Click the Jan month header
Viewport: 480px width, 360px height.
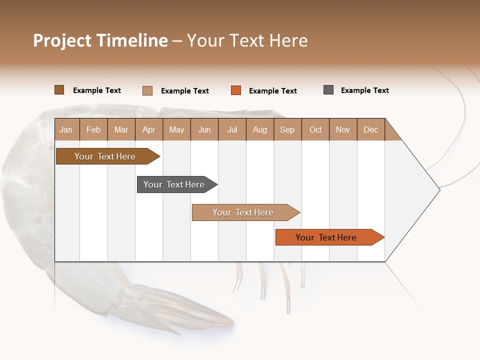(66, 129)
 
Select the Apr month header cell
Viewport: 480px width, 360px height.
(148, 129)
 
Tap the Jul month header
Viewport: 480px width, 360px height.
(232, 129)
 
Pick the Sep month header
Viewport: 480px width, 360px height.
(287, 129)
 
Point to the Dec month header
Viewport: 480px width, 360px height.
(370, 129)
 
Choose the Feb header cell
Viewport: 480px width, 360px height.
(93, 129)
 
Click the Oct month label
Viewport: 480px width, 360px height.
(315, 129)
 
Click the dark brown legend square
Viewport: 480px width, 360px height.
(59, 90)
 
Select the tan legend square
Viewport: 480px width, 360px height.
(147, 90)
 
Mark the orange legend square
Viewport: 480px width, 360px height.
(236, 90)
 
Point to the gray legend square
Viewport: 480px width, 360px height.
(328, 90)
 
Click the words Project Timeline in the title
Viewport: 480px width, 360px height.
(100, 40)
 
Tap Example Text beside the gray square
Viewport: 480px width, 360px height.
(364, 90)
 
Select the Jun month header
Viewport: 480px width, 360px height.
(204, 129)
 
